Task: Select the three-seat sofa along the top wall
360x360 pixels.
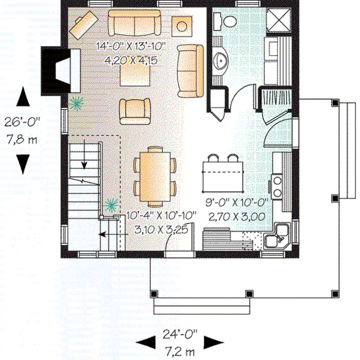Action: tap(134, 23)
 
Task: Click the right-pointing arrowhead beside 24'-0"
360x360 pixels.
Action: tap(212, 343)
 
